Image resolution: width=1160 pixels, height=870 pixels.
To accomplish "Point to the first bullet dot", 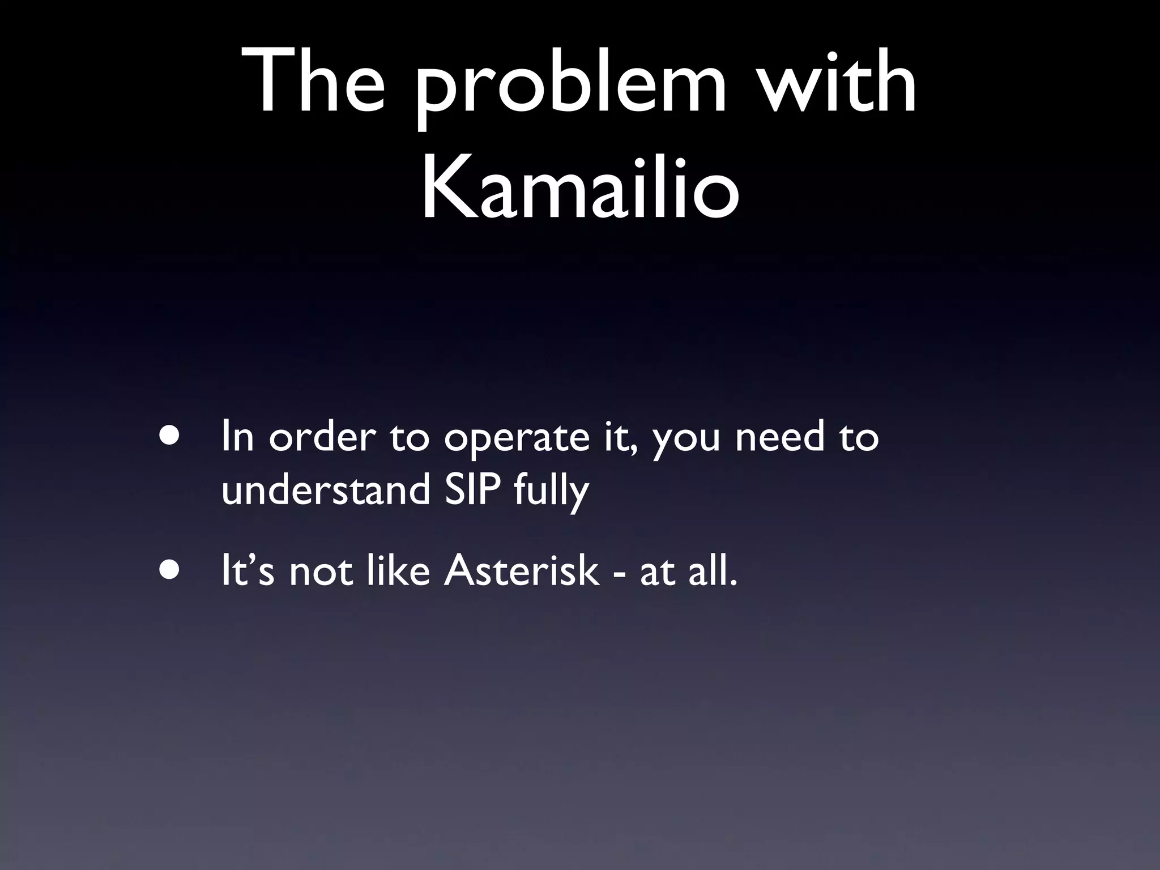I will [x=169, y=436].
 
